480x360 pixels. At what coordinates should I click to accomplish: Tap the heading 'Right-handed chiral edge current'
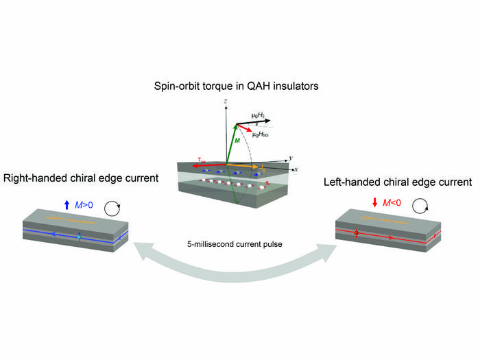(81, 178)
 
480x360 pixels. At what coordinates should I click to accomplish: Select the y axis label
(291, 158)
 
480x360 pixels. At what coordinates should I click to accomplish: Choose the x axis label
(296, 169)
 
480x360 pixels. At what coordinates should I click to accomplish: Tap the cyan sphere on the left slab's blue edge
(79, 237)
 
